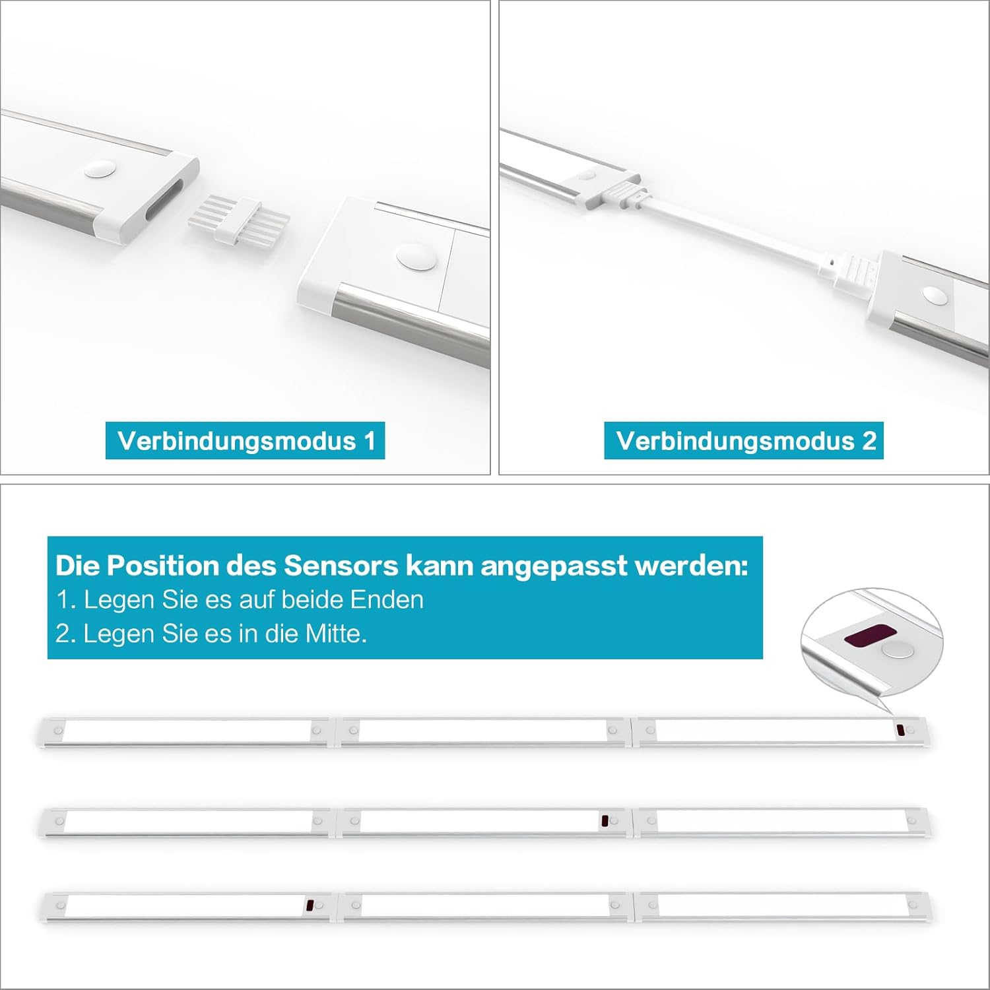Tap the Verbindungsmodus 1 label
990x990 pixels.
pyautogui.click(x=246, y=440)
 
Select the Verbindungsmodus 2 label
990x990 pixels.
pyautogui.click(x=744, y=440)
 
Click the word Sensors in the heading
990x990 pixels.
pyautogui.click(x=341, y=566)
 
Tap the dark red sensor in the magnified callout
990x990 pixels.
pyautogui.click(x=867, y=635)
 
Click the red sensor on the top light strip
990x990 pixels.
pyautogui.click(x=900, y=731)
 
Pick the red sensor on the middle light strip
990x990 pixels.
pyautogui.click(x=604, y=821)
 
